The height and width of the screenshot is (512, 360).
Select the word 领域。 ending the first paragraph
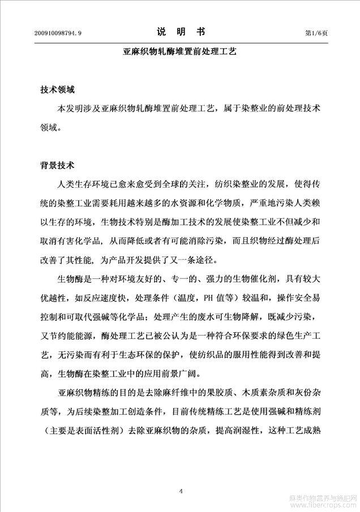pyautogui.click(x=49, y=127)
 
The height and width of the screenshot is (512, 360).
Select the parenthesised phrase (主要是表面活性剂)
pyautogui.click(x=87, y=430)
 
